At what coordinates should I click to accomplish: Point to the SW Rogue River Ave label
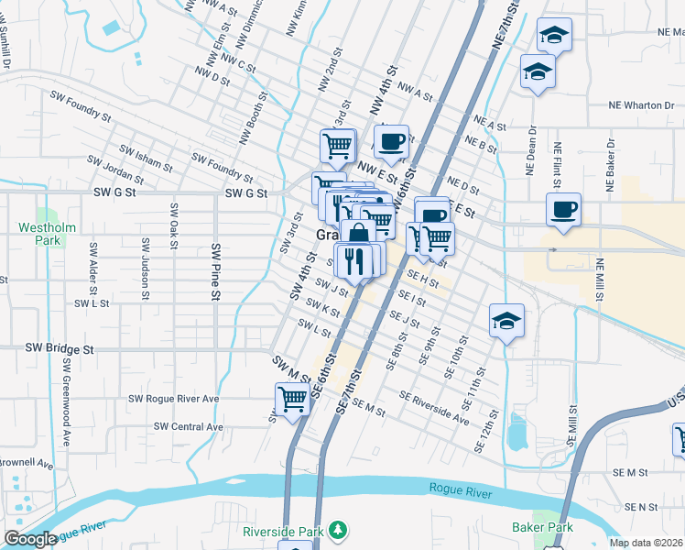coord(174,399)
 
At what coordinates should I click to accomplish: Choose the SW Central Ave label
coord(189,426)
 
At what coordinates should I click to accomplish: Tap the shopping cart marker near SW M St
coord(292,399)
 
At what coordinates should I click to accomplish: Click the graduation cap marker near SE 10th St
coord(506,321)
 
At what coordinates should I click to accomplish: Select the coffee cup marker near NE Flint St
coord(563,209)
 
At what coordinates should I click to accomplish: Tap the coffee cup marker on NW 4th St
coord(391,142)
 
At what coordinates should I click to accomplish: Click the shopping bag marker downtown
coord(358,236)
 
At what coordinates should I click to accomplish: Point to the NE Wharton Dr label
coord(641,105)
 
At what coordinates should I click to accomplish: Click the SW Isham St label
coord(141,160)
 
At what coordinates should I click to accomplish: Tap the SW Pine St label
coord(217,271)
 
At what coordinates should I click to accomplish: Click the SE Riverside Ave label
coord(434,408)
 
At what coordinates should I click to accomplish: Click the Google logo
coord(30,539)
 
